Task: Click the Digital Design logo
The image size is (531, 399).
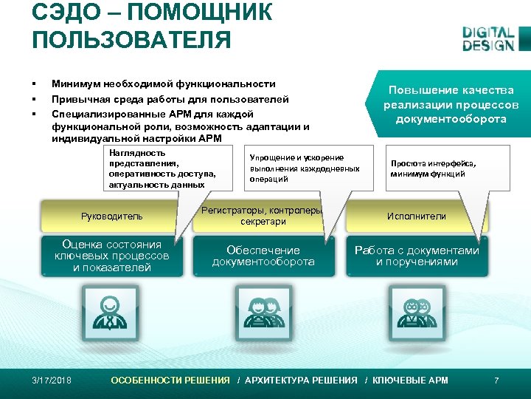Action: [487, 38]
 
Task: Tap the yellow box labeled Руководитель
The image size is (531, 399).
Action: [111, 216]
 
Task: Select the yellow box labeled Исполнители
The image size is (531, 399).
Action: [417, 216]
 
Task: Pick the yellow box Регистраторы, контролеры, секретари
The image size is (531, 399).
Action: [263, 216]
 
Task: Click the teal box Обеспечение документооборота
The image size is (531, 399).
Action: [263, 256]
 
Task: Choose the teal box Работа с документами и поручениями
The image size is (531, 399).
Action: [417, 256]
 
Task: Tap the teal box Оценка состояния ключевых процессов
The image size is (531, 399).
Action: [111, 256]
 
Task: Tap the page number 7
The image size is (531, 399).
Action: [496, 381]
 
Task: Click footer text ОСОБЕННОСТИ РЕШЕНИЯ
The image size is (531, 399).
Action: [170, 381]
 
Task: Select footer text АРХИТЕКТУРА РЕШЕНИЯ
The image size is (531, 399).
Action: [301, 381]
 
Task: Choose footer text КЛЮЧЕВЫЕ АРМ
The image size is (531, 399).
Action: [410, 381]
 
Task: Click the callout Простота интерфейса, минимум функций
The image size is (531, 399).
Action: [434, 169]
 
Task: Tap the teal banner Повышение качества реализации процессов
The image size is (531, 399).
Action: [450, 104]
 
